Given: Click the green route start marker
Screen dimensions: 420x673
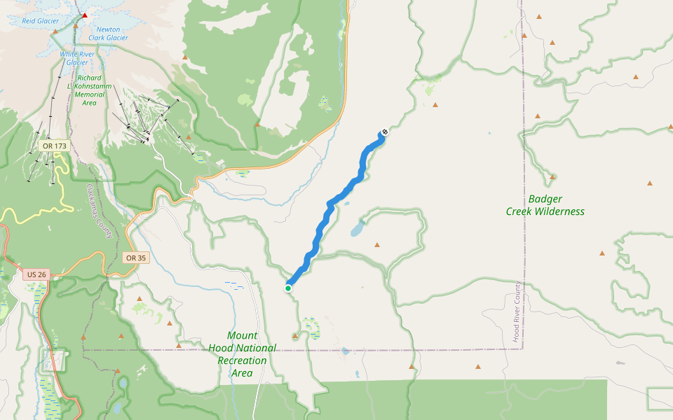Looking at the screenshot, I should [288, 288].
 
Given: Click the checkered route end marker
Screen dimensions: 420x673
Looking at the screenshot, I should [384, 132].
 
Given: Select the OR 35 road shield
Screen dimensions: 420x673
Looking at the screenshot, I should [136, 258].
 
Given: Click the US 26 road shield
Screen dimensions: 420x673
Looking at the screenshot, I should [36, 274].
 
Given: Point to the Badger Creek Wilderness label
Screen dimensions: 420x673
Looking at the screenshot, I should [545, 205].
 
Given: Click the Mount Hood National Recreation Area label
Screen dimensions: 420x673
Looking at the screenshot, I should [242, 354].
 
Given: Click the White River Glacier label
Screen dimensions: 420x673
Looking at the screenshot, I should [78, 58].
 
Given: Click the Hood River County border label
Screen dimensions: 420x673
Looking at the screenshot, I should [517, 311].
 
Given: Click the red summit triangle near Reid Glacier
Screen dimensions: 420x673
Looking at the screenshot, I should [85, 15].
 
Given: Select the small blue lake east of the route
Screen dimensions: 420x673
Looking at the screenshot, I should [358, 228].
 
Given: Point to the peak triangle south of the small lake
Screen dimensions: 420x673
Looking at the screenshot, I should [377, 245].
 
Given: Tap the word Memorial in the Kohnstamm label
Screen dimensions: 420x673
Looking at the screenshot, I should [90, 93].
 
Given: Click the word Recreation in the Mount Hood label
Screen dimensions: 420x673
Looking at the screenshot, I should [242, 360].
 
